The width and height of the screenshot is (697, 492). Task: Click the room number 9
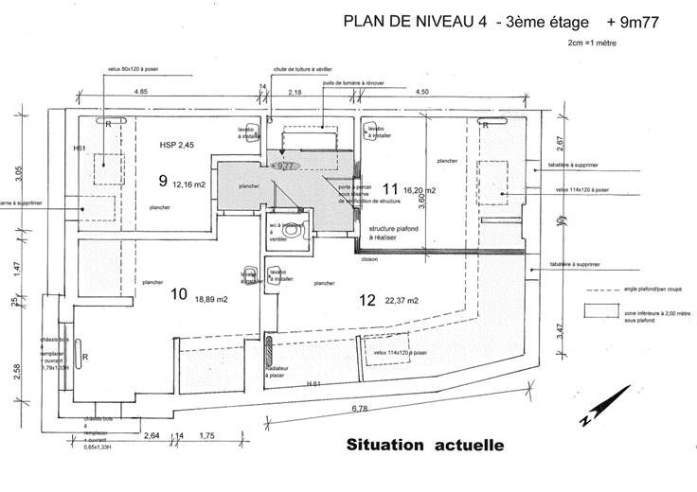[x=163, y=179]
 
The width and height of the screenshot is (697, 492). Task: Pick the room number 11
[x=389, y=189]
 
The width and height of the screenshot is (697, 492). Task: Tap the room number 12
[x=368, y=300]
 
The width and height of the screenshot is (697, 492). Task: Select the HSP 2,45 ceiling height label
[x=177, y=146]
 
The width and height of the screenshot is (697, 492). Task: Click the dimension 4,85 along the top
[x=140, y=91]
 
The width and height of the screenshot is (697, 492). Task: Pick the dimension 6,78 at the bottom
[x=361, y=409]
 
